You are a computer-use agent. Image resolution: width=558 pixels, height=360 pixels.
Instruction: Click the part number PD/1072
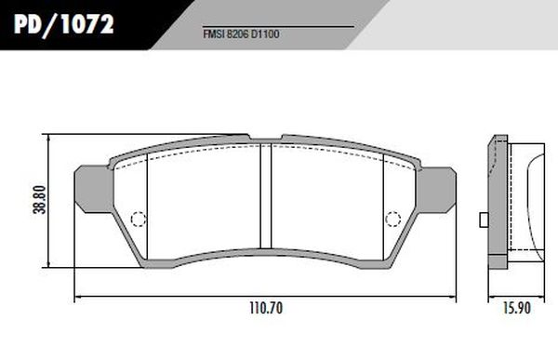[63, 24]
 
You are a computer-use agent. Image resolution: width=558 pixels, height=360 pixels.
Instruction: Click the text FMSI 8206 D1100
[241, 34]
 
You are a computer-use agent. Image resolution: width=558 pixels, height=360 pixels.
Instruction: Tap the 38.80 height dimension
[39, 200]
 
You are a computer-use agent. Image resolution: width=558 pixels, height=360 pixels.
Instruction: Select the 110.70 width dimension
[266, 308]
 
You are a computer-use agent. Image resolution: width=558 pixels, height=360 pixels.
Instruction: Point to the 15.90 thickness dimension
[517, 308]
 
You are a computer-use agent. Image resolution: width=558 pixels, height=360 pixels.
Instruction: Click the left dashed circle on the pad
[139, 220]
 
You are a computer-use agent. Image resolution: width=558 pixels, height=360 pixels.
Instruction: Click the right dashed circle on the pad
[392, 220]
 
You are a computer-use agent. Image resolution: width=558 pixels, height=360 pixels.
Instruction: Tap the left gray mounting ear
[93, 189]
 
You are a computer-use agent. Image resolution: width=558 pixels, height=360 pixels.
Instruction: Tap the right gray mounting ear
[437, 190]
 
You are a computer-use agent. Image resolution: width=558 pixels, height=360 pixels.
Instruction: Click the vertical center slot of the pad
[265, 196]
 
